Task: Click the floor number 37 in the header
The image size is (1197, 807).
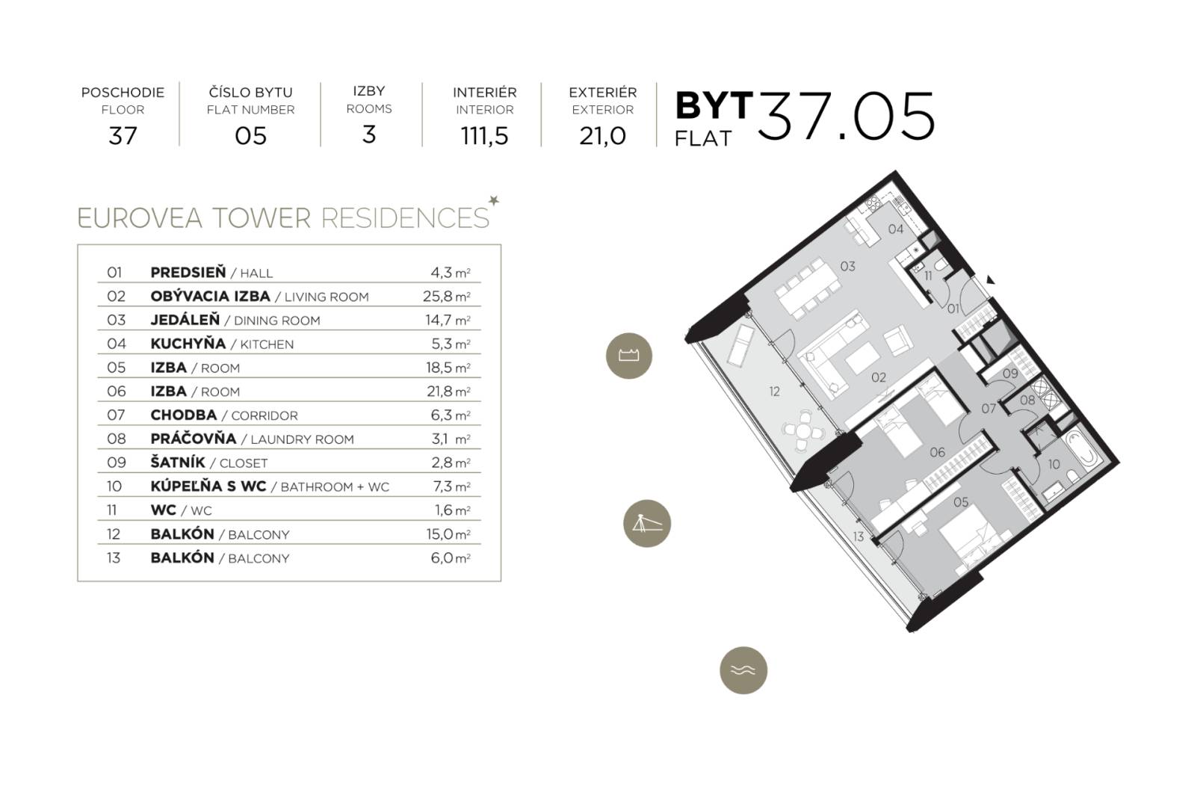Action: (123, 136)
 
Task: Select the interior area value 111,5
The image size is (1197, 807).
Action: (484, 136)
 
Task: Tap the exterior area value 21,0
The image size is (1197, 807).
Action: (602, 136)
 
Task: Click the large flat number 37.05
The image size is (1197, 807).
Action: (846, 117)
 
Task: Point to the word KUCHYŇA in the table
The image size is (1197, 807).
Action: (188, 344)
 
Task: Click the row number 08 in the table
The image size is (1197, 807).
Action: (116, 439)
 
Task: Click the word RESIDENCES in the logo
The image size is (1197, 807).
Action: (404, 218)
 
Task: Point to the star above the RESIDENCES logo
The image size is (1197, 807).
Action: (493, 200)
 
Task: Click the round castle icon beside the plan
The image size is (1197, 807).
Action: (628, 356)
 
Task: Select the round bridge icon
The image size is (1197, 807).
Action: (647, 523)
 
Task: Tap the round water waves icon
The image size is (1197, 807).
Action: (743, 670)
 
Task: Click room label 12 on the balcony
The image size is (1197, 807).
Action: (774, 391)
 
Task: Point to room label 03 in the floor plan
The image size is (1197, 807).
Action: (847, 266)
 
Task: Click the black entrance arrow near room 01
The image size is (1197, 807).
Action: (991, 280)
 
